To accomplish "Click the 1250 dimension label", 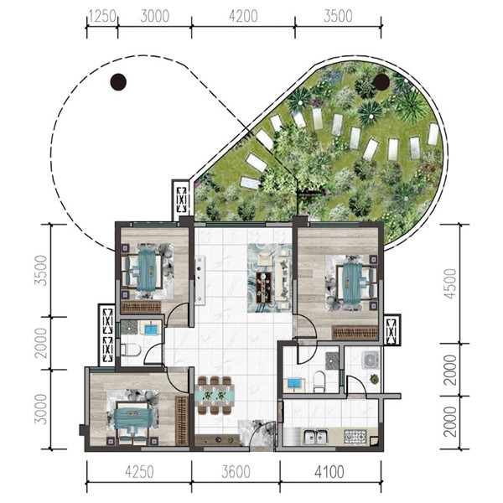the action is tap(102, 17).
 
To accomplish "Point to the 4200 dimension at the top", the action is tap(243, 17).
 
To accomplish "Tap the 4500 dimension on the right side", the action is tap(450, 284).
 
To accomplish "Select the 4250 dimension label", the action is tap(139, 472).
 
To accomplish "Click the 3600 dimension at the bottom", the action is tap(236, 472).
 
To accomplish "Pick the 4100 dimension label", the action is tap(329, 472).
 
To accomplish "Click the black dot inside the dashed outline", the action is tap(118, 82).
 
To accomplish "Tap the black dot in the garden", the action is tap(381, 81).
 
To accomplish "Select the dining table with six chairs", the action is tap(215, 395).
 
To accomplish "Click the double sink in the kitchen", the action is tap(315, 436).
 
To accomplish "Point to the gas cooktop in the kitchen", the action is tap(355, 436).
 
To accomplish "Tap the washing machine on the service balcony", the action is tap(371, 360).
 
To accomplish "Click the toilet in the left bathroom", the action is tap(132, 350).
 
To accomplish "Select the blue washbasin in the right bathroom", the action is tap(294, 384).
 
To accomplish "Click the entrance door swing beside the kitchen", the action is tap(262, 433).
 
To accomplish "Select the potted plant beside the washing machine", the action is tap(374, 380).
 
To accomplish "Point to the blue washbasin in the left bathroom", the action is tap(151, 329).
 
